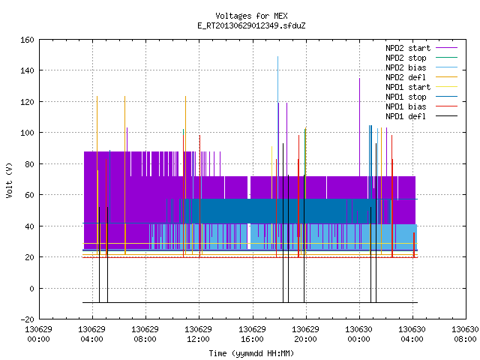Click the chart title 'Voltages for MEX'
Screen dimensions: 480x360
tap(251, 16)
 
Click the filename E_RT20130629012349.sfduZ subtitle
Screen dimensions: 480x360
tap(251, 25)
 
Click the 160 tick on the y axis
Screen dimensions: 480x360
tap(27, 40)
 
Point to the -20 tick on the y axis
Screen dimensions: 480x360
tap(27, 319)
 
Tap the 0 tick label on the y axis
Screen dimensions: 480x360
tap(31, 288)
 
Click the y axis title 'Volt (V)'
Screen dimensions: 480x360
tap(10, 180)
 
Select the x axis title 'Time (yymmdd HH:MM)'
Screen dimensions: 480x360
tap(251, 353)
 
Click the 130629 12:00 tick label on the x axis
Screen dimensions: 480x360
tap(198, 334)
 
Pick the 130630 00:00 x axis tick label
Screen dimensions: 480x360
tap(358, 334)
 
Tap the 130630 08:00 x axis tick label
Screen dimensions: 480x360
tap(465, 334)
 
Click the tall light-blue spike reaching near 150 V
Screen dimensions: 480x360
tap(278, 79)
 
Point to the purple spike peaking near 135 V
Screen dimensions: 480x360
tap(360, 127)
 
